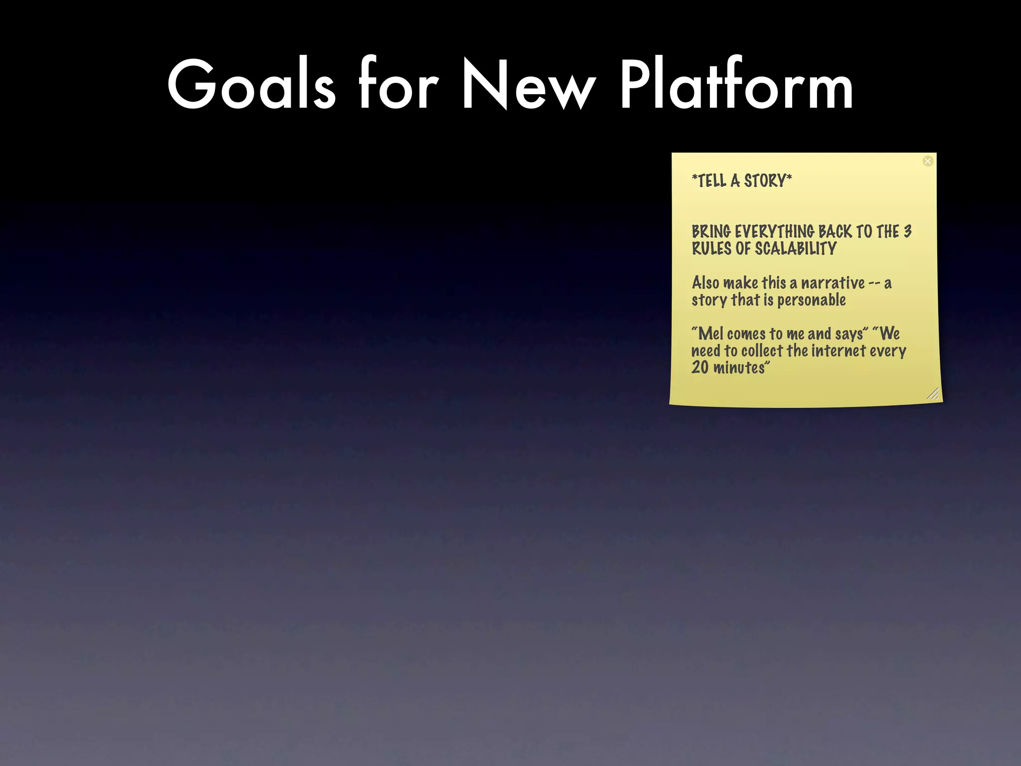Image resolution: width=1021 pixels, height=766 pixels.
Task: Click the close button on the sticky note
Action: click(x=928, y=161)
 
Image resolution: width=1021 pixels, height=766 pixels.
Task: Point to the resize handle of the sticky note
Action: click(x=933, y=394)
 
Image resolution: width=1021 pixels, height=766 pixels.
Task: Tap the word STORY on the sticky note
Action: click(x=765, y=181)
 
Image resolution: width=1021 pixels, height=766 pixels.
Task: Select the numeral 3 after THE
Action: click(x=908, y=232)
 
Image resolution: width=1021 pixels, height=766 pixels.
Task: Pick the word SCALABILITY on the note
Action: click(x=796, y=248)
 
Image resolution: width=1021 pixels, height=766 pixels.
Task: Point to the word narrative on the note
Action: click(x=833, y=283)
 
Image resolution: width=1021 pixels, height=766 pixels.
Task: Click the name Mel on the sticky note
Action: click(x=710, y=333)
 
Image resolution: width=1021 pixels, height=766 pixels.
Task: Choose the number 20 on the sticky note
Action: click(x=699, y=368)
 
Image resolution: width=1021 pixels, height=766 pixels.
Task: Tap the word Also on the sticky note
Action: click(x=705, y=283)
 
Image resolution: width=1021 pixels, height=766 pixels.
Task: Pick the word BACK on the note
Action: click(x=835, y=232)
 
